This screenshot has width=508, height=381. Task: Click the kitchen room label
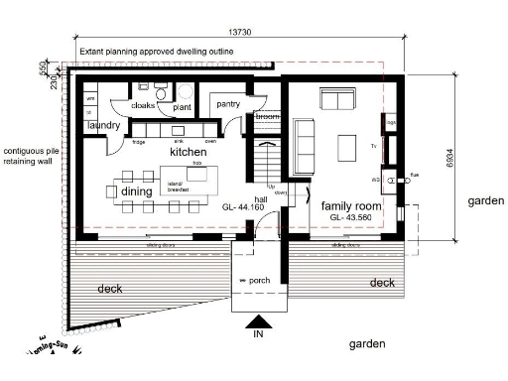click(x=188, y=152)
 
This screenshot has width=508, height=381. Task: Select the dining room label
click(x=137, y=190)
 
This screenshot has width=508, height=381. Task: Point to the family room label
click(x=350, y=205)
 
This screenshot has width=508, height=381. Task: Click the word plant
click(x=182, y=107)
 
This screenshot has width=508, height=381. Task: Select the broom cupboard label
click(x=267, y=117)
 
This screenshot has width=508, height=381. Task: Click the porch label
click(x=258, y=281)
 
